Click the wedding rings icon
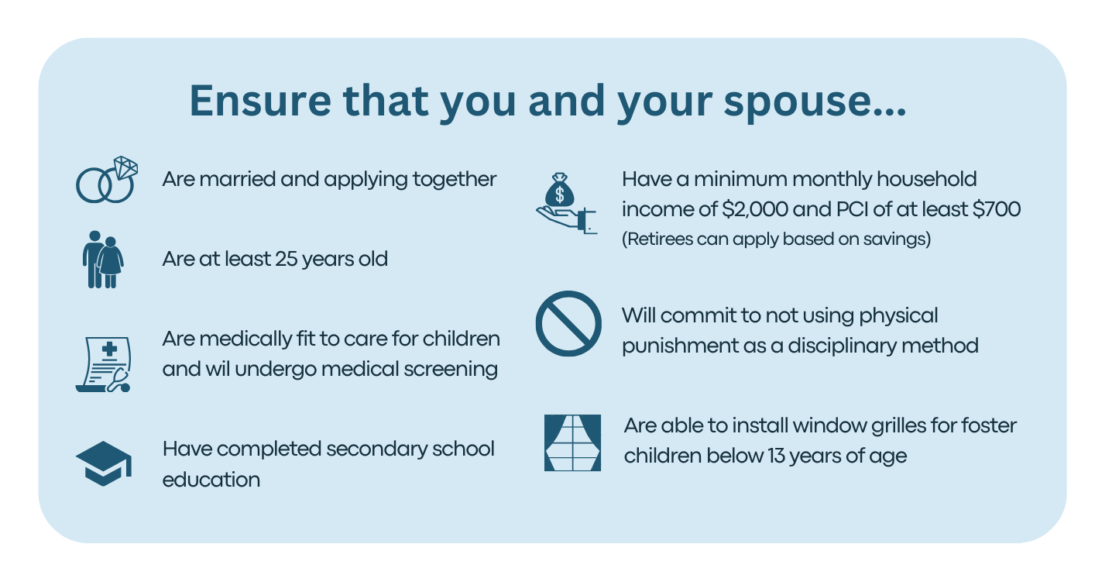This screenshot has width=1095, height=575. [106, 180]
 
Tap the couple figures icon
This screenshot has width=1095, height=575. [103, 259]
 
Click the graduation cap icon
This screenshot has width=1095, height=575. [104, 463]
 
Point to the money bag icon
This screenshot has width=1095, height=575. [566, 205]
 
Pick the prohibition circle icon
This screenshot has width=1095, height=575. [568, 324]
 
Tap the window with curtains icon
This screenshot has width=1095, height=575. [572, 443]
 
